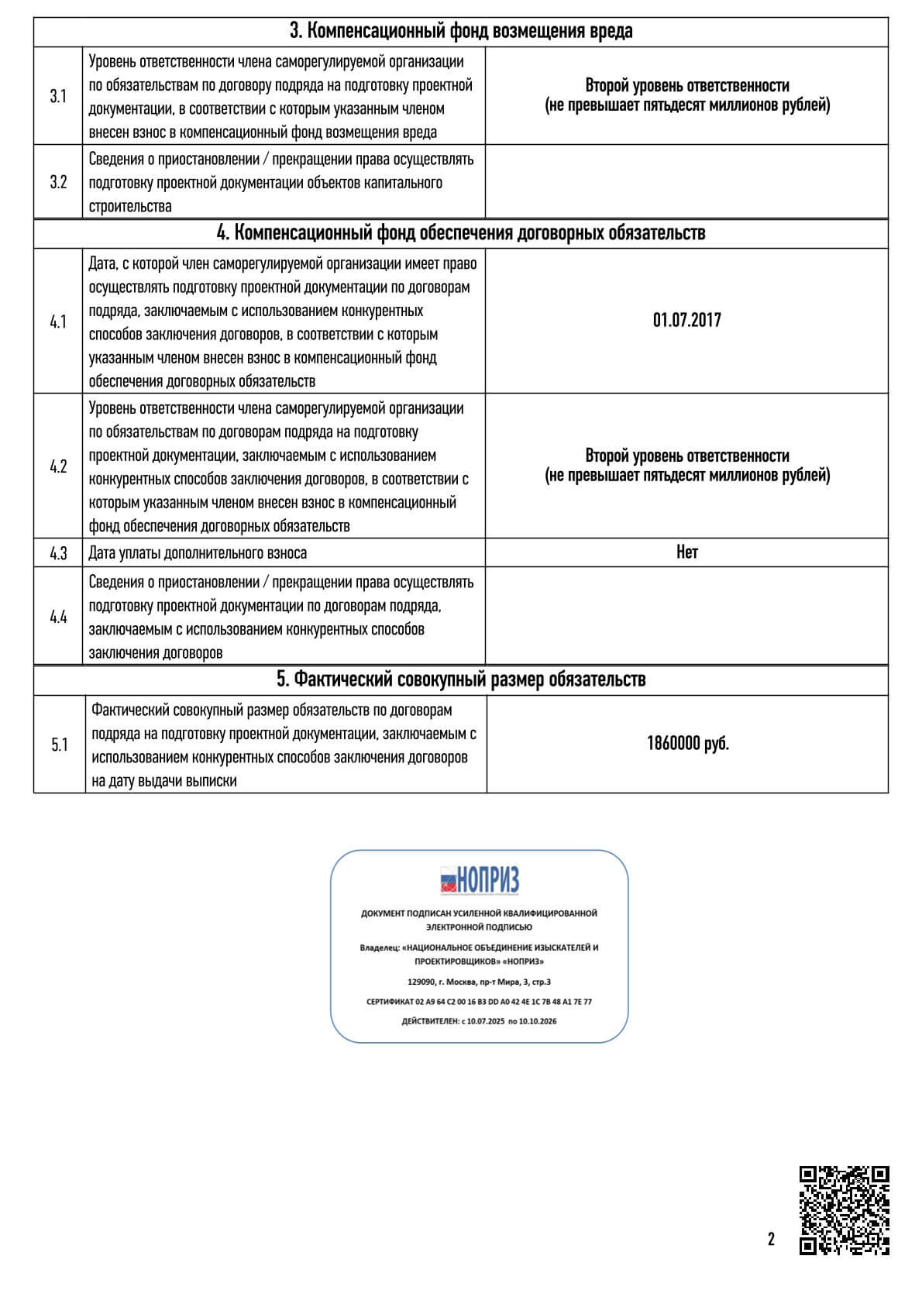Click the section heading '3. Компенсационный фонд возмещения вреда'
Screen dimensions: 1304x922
tap(460, 31)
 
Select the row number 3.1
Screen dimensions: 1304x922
tap(58, 96)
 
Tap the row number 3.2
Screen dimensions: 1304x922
tap(58, 183)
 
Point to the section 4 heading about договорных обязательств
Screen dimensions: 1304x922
tap(460, 232)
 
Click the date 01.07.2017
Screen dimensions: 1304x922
tap(686, 320)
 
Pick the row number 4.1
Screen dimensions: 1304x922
tap(58, 322)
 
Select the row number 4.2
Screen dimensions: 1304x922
tap(58, 466)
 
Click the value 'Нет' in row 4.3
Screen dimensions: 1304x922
tap(686, 552)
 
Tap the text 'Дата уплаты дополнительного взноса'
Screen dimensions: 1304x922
tap(198, 553)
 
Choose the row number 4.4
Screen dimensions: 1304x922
tap(58, 617)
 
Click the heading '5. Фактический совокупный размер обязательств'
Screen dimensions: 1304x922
tap(460, 680)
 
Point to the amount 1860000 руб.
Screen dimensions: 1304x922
tap(687, 744)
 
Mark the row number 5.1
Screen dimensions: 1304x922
tap(59, 745)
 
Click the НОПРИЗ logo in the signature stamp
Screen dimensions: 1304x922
tap(480, 880)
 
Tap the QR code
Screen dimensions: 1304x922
tap(844, 1209)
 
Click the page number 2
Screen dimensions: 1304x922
tap(771, 1239)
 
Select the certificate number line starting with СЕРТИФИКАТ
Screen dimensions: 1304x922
tap(479, 1002)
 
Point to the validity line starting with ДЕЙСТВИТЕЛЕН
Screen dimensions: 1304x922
tap(479, 1021)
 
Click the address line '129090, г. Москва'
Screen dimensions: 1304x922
tap(479, 982)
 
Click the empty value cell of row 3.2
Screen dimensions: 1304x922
tap(686, 183)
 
